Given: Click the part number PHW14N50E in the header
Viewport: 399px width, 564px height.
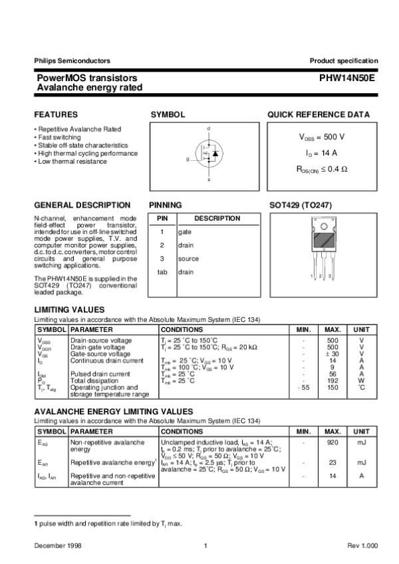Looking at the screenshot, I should click(348, 78).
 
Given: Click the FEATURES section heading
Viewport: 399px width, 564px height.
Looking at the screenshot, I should click(56, 114).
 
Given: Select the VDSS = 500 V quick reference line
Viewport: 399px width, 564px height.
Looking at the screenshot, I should click(322, 136).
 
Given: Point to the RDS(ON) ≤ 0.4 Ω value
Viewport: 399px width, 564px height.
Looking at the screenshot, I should click(322, 170).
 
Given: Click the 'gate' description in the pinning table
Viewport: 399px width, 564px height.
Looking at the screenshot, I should click(185, 231).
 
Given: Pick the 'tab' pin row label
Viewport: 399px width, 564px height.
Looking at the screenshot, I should click(162, 272).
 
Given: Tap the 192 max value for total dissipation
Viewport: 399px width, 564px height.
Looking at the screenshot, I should click(332, 380).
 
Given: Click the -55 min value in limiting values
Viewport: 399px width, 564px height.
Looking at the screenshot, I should click(303, 387).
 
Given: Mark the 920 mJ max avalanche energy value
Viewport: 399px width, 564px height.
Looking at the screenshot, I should click(332, 441).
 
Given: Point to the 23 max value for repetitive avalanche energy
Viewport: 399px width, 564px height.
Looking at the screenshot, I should click(332, 462).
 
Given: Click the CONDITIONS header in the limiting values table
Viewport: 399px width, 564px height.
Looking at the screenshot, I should click(182, 329).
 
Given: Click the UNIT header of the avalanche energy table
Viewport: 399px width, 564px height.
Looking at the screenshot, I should click(361, 430).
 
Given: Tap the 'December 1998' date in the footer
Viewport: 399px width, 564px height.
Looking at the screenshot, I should click(55, 545).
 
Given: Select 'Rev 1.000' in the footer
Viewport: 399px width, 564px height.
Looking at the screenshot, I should click(362, 545).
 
